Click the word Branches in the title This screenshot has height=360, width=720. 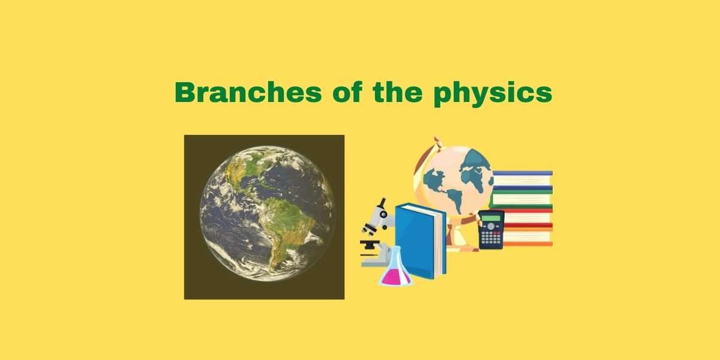click(x=248, y=92)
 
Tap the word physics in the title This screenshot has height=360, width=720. click(x=493, y=94)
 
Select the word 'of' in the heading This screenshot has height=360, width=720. click(x=347, y=92)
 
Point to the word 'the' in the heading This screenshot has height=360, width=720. click(x=398, y=92)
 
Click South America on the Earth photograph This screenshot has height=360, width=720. click(x=287, y=225)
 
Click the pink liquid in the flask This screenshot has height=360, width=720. click(x=395, y=278)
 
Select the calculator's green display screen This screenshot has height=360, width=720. click(x=491, y=218)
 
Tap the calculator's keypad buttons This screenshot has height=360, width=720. click(x=491, y=238)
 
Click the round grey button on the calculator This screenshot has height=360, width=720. click(x=491, y=226)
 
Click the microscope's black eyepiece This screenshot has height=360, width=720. click(x=383, y=203)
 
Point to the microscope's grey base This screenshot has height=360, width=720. click(x=374, y=262)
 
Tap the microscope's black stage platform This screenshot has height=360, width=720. click(x=370, y=242)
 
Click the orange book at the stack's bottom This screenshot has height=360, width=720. click(x=528, y=244)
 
